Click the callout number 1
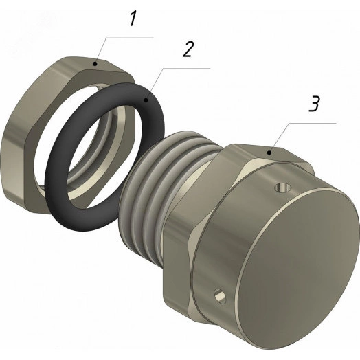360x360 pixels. (133, 19)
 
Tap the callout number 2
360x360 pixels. (188, 49)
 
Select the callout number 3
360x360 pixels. (314, 104)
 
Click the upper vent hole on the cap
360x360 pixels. (283, 188)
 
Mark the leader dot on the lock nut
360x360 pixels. (95, 64)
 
